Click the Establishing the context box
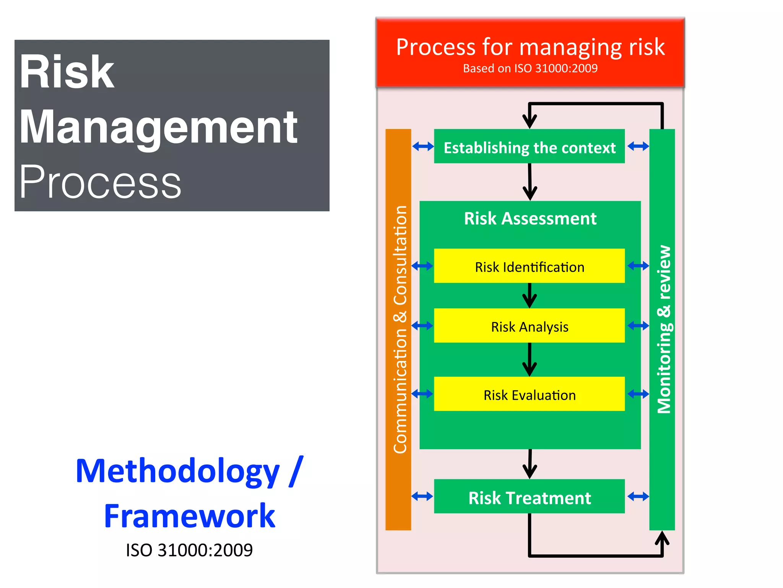tap(529, 147)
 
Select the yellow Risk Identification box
tap(529, 266)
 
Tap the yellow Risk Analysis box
tap(529, 326)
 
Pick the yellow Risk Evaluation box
tap(529, 394)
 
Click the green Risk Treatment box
tap(529, 497)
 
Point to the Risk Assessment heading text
tap(530, 219)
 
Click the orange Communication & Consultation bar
tap(398, 329)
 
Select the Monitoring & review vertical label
tap(664, 329)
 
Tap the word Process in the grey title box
tap(100, 181)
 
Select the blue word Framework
tap(190, 516)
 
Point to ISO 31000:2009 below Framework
tap(189, 550)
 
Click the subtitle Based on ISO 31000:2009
tap(530, 69)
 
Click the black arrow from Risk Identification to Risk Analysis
tap(530, 296)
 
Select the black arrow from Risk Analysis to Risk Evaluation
tap(530, 360)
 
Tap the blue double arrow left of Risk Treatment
tap(422, 497)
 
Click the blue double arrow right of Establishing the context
tap(638, 146)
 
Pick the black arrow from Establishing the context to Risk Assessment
tap(530, 182)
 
